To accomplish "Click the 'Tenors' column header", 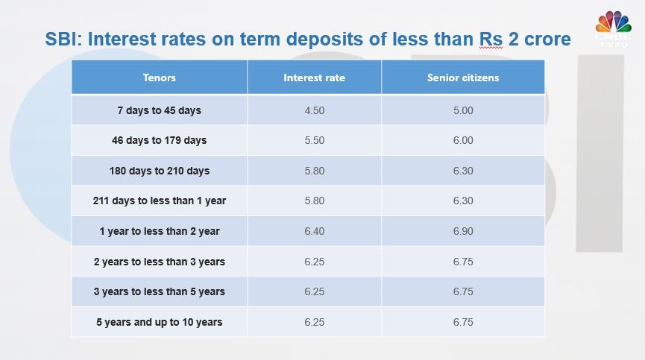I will (159, 78).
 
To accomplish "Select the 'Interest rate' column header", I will (314, 78).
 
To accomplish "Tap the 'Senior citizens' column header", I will (462, 78).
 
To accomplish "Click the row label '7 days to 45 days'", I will (159, 110).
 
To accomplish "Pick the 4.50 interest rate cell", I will (314, 110).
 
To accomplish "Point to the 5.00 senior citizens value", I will (462, 110).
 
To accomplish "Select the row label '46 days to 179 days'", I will (159, 140).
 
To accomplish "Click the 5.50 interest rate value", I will (314, 140).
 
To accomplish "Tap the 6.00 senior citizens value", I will (462, 140).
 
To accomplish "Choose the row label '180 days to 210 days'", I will (159, 171).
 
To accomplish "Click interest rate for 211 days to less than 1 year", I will (314, 200).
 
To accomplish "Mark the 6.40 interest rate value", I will (314, 231).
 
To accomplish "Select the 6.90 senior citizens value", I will (462, 231).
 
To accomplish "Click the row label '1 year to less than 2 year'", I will (159, 231).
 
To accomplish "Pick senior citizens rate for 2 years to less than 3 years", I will (462, 262).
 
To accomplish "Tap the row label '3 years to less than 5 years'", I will (159, 291).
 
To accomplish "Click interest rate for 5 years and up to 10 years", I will (314, 322).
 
